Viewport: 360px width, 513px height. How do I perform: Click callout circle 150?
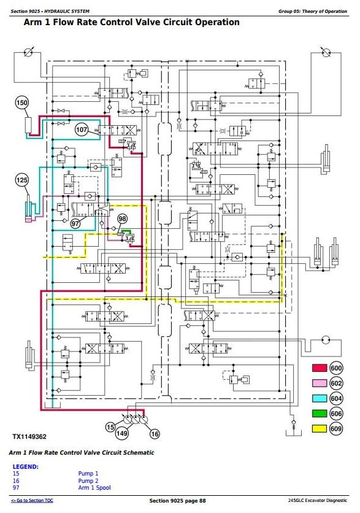[22, 102]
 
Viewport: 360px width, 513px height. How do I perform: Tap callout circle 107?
[82, 129]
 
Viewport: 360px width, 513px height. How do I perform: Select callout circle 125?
[22, 180]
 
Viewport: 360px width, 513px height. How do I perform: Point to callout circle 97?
[75, 223]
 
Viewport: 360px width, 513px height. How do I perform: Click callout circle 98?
[122, 218]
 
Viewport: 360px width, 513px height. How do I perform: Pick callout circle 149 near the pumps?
[121, 433]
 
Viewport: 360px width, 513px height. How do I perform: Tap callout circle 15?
[110, 427]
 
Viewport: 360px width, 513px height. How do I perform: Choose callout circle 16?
[155, 434]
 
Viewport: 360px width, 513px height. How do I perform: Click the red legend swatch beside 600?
[320, 368]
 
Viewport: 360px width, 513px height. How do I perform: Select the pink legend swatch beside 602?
[320, 383]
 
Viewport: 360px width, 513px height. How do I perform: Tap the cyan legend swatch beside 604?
[320, 398]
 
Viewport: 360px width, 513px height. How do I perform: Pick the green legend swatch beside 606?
[320, 414]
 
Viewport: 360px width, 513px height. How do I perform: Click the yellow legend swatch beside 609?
[320, 428]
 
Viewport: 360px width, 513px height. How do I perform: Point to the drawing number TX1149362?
[29, 437]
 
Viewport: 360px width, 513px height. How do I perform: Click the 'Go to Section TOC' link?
[32, 501]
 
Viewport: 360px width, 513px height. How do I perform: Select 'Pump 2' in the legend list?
[88, 480]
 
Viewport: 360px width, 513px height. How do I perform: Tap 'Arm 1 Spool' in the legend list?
[94, 488]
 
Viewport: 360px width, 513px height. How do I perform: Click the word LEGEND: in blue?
[26, 467]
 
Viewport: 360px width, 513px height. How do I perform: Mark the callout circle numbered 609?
[336, 428]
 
